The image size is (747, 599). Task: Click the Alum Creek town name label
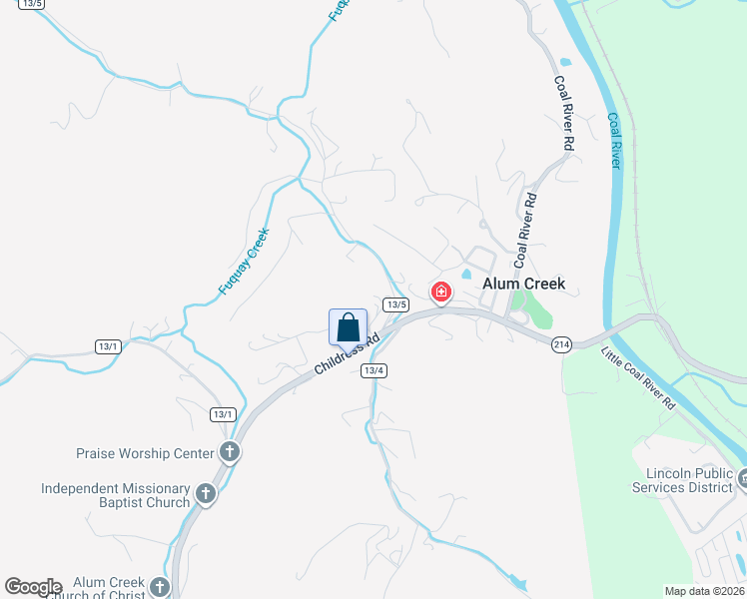click(523, 284)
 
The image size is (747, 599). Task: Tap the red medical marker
click(440, 293)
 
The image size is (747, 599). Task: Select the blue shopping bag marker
click(348, 326)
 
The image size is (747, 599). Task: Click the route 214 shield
click(560, 343)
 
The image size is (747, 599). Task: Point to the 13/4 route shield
click(374, 370)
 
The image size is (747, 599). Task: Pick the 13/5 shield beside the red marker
click(396, 303)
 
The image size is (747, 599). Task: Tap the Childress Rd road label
click(348, 353)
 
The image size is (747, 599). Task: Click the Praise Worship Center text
click(145, 453)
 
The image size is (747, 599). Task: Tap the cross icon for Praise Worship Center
click(229, 452)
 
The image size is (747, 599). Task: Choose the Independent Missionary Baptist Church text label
click(115, 495)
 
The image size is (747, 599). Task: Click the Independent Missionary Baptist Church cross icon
click(206, 493)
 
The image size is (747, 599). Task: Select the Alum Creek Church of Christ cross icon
click(160, 587)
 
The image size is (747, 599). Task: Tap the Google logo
click(33, 587)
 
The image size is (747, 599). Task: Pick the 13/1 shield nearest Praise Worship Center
click(223, 414)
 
